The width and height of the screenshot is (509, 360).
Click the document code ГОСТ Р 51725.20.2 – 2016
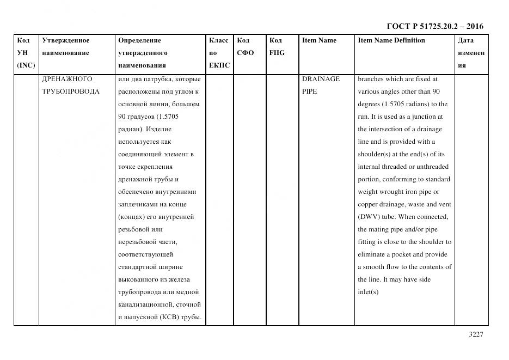click(434, 26)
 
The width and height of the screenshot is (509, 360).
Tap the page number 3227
click(476, 334)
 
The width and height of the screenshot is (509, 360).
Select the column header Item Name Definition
click(391, 40)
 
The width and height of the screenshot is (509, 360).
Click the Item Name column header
click(319, 40)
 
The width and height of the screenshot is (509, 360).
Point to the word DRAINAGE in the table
click(321, 79)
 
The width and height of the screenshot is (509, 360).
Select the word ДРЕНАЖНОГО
click(67, 79)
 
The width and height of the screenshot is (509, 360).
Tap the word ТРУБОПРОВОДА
click(71, 91)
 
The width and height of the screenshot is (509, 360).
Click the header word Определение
click(139, 40)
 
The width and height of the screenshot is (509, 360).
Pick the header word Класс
click(218, 40)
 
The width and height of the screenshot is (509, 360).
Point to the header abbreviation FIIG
click(277, 53)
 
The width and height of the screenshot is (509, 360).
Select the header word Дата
click(465, 40)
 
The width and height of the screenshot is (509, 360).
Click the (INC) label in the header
click(26, 65)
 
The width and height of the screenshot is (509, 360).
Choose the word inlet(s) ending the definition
click(368, 292)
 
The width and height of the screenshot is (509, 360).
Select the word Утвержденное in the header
click(65, 40)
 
